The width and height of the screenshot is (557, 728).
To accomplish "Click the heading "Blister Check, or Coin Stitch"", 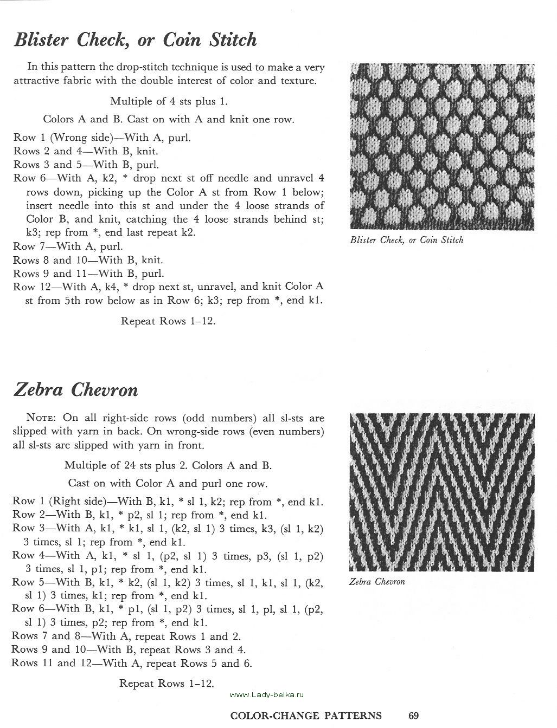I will pyautogui.click(x=135, y=40).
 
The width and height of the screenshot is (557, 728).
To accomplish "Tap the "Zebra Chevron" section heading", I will pyautogui.click(x=75, y=390).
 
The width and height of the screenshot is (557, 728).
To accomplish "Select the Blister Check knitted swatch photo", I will pyautogui.click(x=441, y=146).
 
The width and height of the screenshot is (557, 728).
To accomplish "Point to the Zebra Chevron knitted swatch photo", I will pyautogui.click(x=441, y=491).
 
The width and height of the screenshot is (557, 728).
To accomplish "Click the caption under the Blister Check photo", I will pyautogui.click(x=407, y=240).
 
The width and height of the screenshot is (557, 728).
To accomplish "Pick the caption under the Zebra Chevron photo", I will pyautogui.click(x=377, y=582).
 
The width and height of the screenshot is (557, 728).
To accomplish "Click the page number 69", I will pyautogui.click(x=413, y=716).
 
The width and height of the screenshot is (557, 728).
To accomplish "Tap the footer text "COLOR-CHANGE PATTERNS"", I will pyautogui.click(x=306, y=716).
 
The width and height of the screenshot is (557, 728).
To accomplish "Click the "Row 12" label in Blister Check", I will pyautogui.click(x=31, y=287).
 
